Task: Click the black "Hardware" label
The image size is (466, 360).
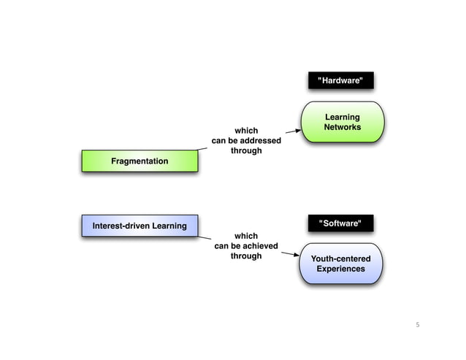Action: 340,80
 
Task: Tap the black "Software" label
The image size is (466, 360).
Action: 340,223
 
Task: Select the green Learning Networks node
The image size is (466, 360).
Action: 342,122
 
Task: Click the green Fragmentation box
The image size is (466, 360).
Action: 139,161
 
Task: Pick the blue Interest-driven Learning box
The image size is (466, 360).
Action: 139,226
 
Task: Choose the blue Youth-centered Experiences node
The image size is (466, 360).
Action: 340,264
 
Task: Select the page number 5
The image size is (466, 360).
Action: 418,324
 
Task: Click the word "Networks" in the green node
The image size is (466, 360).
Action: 342,127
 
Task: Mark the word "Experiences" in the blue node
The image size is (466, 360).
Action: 340,269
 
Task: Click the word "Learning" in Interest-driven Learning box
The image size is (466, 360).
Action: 167,226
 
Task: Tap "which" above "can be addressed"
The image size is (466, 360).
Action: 245,131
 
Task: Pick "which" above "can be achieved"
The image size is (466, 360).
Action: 245,236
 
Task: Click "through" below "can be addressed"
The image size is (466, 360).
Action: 245,151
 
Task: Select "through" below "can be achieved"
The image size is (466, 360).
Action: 245,256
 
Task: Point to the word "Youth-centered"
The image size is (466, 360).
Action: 340,258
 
